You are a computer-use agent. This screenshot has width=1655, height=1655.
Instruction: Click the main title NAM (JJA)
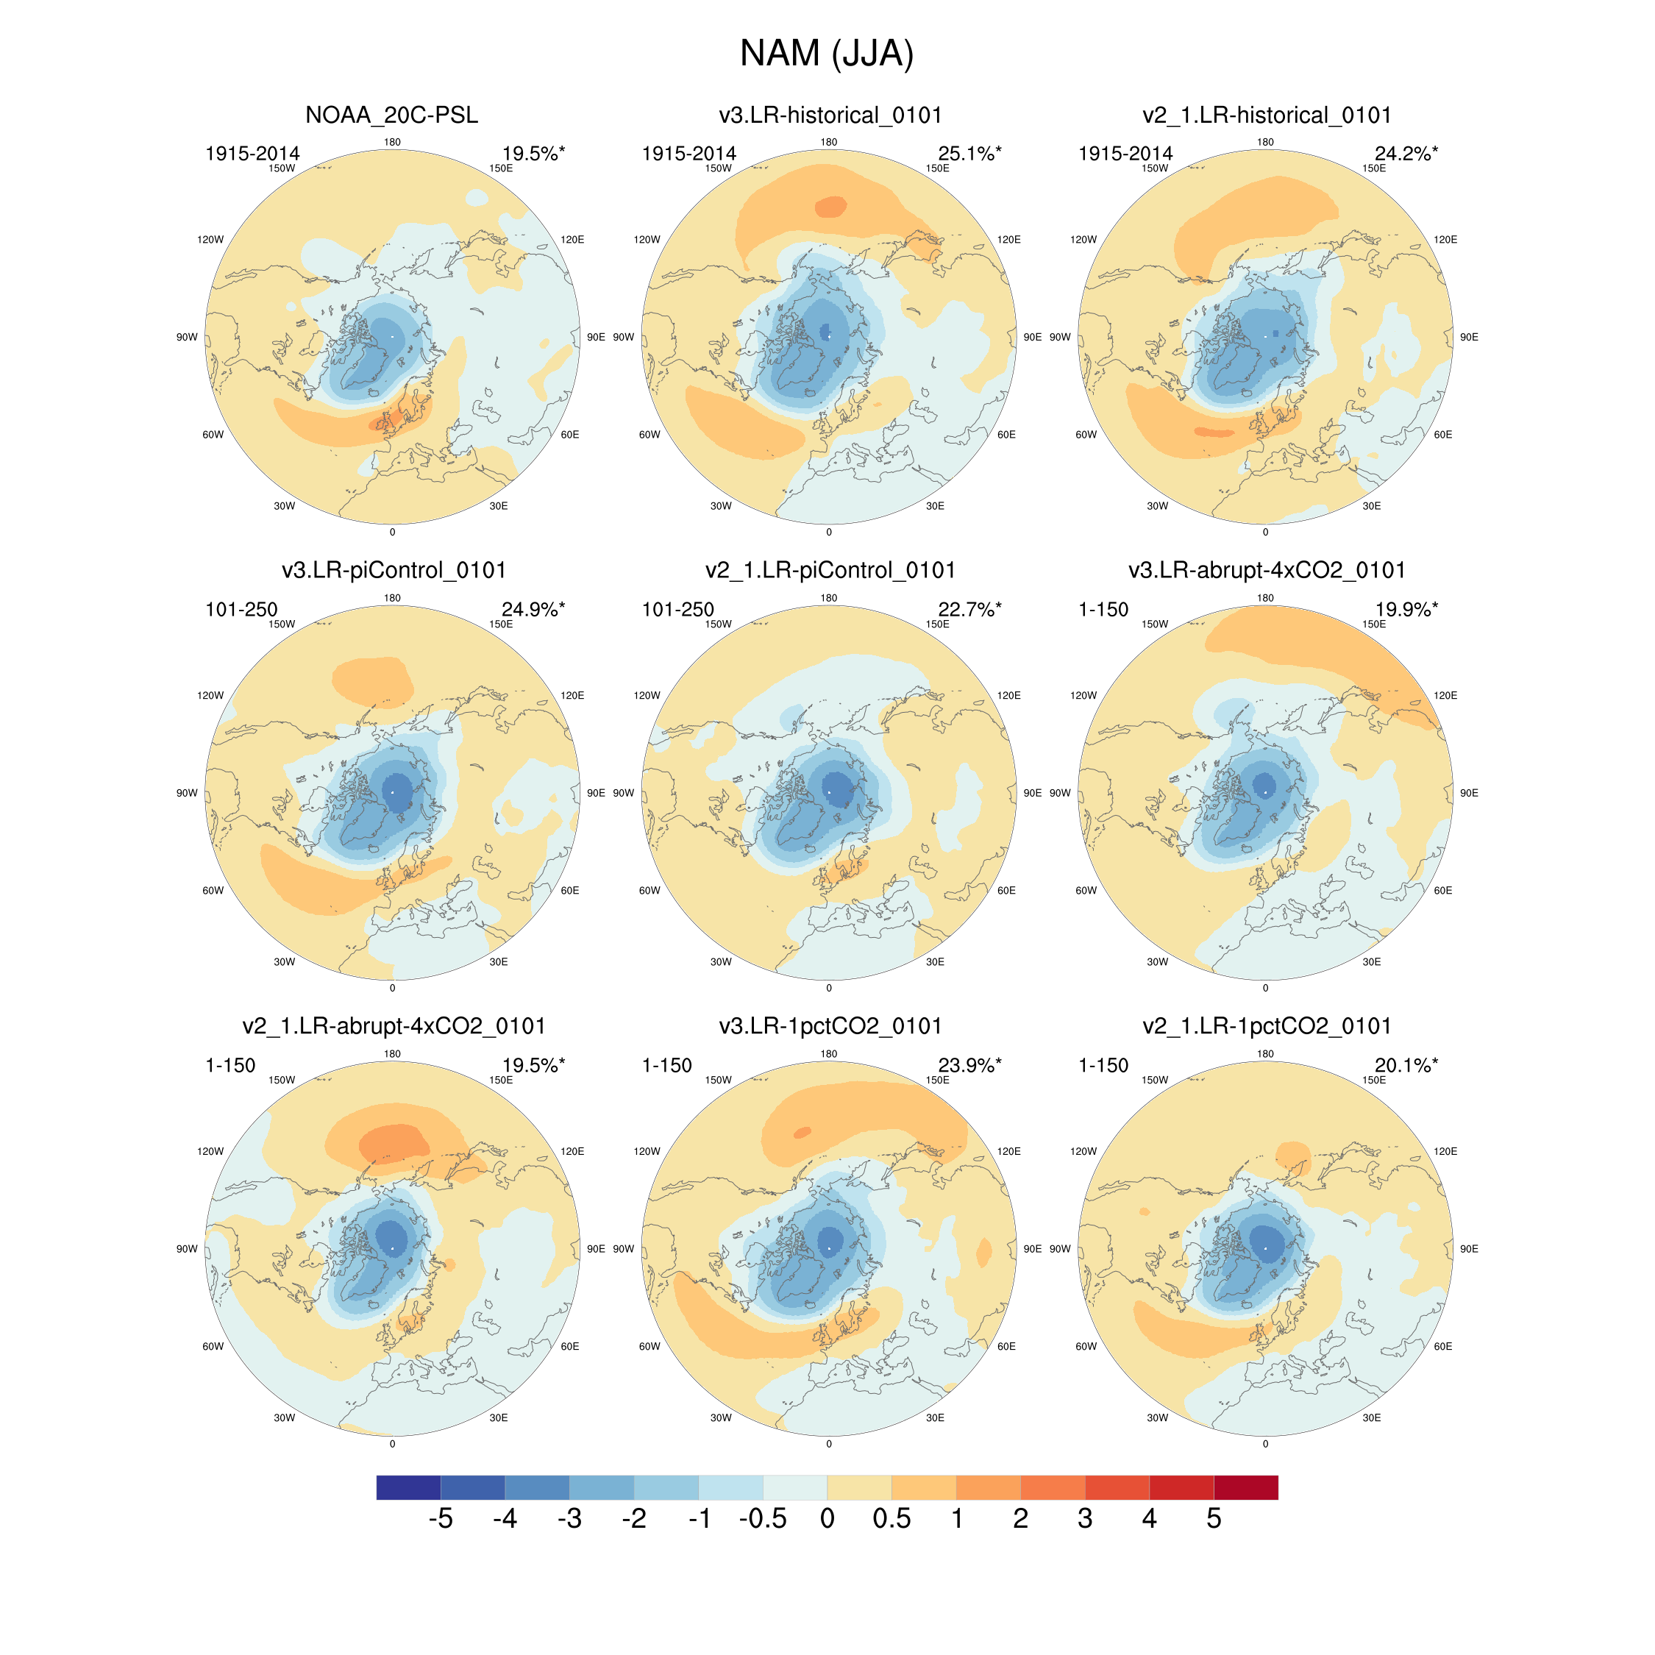pos(827,54)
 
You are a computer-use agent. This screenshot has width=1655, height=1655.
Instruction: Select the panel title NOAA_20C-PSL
pos(391,115)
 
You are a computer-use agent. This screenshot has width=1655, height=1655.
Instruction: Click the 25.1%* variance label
pos(969,154)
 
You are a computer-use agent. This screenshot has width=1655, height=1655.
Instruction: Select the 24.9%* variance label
pos(533,610)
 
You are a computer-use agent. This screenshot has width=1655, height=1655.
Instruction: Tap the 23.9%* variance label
pos(969,1066)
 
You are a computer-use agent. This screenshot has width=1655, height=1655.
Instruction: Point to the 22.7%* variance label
pos(969,610)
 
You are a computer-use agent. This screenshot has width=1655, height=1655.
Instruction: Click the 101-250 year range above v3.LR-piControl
pos(241,610)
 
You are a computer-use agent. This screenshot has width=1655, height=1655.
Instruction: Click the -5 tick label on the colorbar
pos(441,1519)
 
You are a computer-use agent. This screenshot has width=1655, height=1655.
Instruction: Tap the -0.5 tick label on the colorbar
pos(762,1519)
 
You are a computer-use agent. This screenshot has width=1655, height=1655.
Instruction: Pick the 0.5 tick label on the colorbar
pos(891,1519)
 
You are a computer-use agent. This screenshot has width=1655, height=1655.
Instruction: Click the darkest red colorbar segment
pos(1245,1487)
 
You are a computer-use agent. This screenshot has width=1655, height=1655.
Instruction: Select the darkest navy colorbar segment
pos(409,1487)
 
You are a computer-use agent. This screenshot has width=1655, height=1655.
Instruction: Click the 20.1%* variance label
pos(1406,1066)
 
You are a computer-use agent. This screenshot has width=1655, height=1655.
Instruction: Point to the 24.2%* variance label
pos(1406,154)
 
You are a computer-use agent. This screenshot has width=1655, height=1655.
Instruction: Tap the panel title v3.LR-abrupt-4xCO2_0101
pos(1266,571)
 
